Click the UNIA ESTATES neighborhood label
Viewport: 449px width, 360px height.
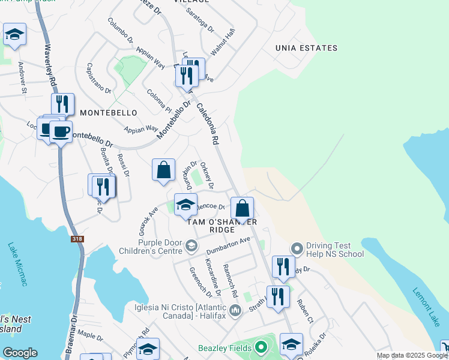[306, 48]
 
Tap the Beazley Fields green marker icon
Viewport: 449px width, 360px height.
[260, 347]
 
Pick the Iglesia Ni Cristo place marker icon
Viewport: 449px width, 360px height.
[236, 310]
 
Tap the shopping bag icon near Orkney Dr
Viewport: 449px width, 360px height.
[163, 171]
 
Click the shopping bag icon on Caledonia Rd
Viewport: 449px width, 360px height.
[243, 209]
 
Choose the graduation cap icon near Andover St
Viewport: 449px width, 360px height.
[14, 35]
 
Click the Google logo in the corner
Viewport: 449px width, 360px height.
[20, 353]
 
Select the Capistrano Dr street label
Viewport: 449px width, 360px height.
[99, 79]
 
